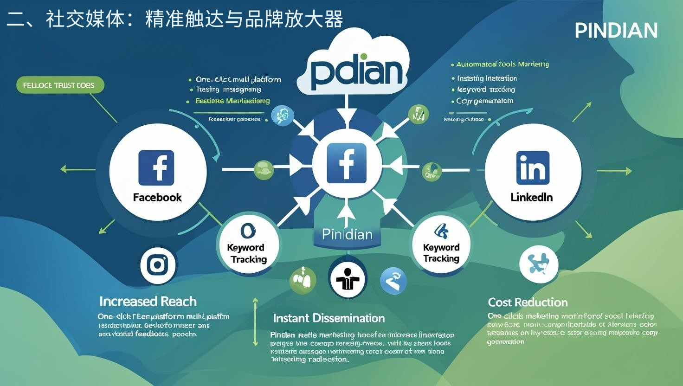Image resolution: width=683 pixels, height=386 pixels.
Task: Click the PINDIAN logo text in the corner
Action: (x=616, y=31)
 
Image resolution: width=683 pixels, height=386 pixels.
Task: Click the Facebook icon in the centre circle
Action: (x=347, y=163)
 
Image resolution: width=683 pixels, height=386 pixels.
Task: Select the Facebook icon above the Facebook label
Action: (x=156, y=167)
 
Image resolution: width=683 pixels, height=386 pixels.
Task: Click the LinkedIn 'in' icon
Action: (x=533, y=167)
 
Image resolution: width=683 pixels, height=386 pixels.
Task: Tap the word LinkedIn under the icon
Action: (x=532, y=197)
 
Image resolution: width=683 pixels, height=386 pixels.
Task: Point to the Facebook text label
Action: (x=157, y=198)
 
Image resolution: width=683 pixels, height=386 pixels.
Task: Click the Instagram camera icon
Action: (x=157, y=265)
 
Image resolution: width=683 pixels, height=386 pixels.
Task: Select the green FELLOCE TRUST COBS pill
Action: (x=59, y=85)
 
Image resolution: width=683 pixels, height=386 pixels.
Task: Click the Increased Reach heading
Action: (x=148, y=302)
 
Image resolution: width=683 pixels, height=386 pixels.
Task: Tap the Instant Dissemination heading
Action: (x=329, y=318)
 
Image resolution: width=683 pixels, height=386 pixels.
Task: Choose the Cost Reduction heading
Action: (x=528, y=302)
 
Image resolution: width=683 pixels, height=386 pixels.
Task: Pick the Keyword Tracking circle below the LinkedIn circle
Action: (x=441, y=245)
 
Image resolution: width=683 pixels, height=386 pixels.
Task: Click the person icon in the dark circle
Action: (x=348, y=279)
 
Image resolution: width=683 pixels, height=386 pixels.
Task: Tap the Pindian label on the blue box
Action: (x=347, y=234)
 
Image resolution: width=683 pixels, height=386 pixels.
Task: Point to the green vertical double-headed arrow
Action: (x=255, y=322)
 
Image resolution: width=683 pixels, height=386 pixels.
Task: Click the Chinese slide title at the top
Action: (x=175, y=19)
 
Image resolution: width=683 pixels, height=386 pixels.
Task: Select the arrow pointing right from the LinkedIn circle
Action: (x=614, y=171)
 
